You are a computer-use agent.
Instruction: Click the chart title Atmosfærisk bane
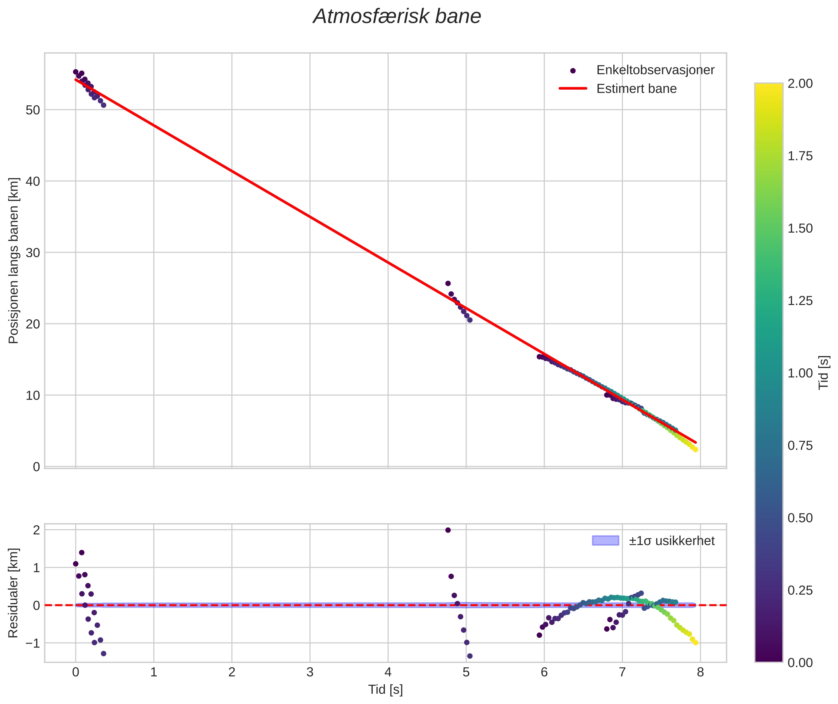pyautogui.click(x=397, y=17)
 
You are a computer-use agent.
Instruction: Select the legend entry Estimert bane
pyautogui.click(x=636, y=89)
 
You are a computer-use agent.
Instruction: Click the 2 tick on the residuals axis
pyautogui.click(x=36, y=530)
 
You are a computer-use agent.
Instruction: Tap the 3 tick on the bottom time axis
pyautogui.click(x=310, y=672)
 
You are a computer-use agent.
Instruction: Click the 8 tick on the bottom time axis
pyautogui.click(x=700, y=672)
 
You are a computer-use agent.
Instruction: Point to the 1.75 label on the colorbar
pyautogui.click(x=800, y=156)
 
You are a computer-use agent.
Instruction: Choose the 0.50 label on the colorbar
pyautogui.click(x=800, y=518)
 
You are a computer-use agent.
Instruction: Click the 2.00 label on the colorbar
pyautogui.click(x=800, y=83)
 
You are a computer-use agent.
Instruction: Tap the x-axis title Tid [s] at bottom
pyautogui.click(x=385, y=690)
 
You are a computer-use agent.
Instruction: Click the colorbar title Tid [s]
pyautogui.click(x=824, y=372)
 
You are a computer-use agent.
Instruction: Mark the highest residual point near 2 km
pyautogui.click(x=448, y=530)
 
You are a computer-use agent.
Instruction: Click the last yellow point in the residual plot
pyautogui.click(x=695, y=643)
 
